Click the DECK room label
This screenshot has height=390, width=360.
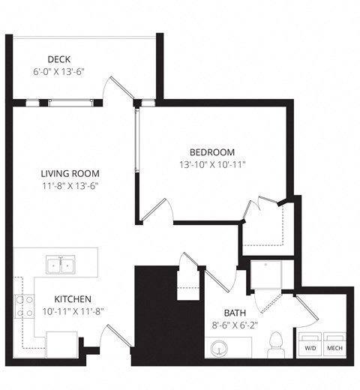[x=59, y=58]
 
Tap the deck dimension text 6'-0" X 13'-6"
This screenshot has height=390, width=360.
[x=59, y=72]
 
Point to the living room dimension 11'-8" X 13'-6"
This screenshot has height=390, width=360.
[x=70, y=186]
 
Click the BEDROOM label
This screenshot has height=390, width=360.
[x=212, y=151]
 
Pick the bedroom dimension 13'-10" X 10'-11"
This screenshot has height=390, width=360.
[x=212, y=164]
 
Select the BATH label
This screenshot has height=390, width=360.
[x=236, y=313]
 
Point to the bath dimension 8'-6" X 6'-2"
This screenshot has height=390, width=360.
[x=236, y=325]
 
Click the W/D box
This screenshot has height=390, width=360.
[x=310, y=343]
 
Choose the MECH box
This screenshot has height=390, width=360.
[x=334, y=343]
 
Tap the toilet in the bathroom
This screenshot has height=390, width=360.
[x=275, y=343]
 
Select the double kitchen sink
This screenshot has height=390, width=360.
[x=60, y=264]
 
